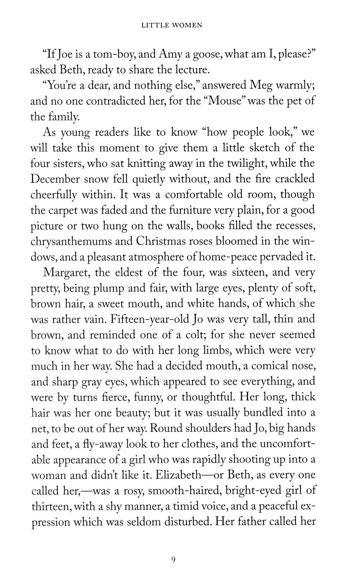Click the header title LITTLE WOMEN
pyautogui.click(x=172, y=25)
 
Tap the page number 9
pyautogui.click(x=174, y=559)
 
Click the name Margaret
pyautogui.click(x=66, y=272)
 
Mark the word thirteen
pyautogui.click(x=49, y=506)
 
